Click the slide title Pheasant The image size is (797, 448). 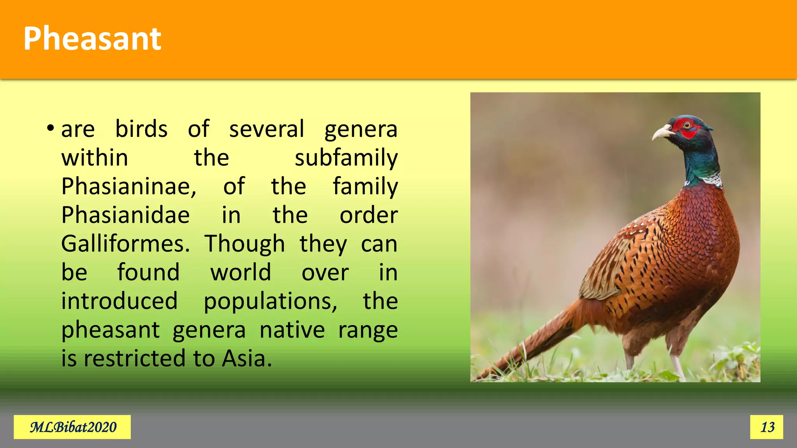click(92, 39)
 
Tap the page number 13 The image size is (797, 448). click(767, 427)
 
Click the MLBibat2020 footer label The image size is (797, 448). click(73, 427)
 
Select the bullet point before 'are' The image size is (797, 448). click(50, 128)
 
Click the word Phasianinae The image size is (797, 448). click(129, 186)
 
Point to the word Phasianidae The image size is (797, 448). click(125, 215)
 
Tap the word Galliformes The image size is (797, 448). click(125, 244)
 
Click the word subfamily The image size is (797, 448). click(346, 157)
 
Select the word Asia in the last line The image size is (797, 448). click(246, 358)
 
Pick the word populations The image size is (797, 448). click(270, 301)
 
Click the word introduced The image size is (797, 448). click(119, 301)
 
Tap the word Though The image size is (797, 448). click(245, 244)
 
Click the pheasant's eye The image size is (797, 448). click(687, 125)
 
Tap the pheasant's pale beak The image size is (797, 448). click(663, 133)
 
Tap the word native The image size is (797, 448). click(292, 330)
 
